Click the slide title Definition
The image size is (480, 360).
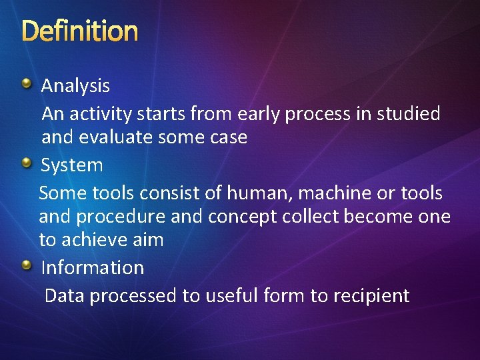80,31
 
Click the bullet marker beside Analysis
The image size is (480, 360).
26,83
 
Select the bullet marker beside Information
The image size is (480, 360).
26,266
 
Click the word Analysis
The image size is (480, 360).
75,86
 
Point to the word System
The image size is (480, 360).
72,165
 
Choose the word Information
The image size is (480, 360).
93,268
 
